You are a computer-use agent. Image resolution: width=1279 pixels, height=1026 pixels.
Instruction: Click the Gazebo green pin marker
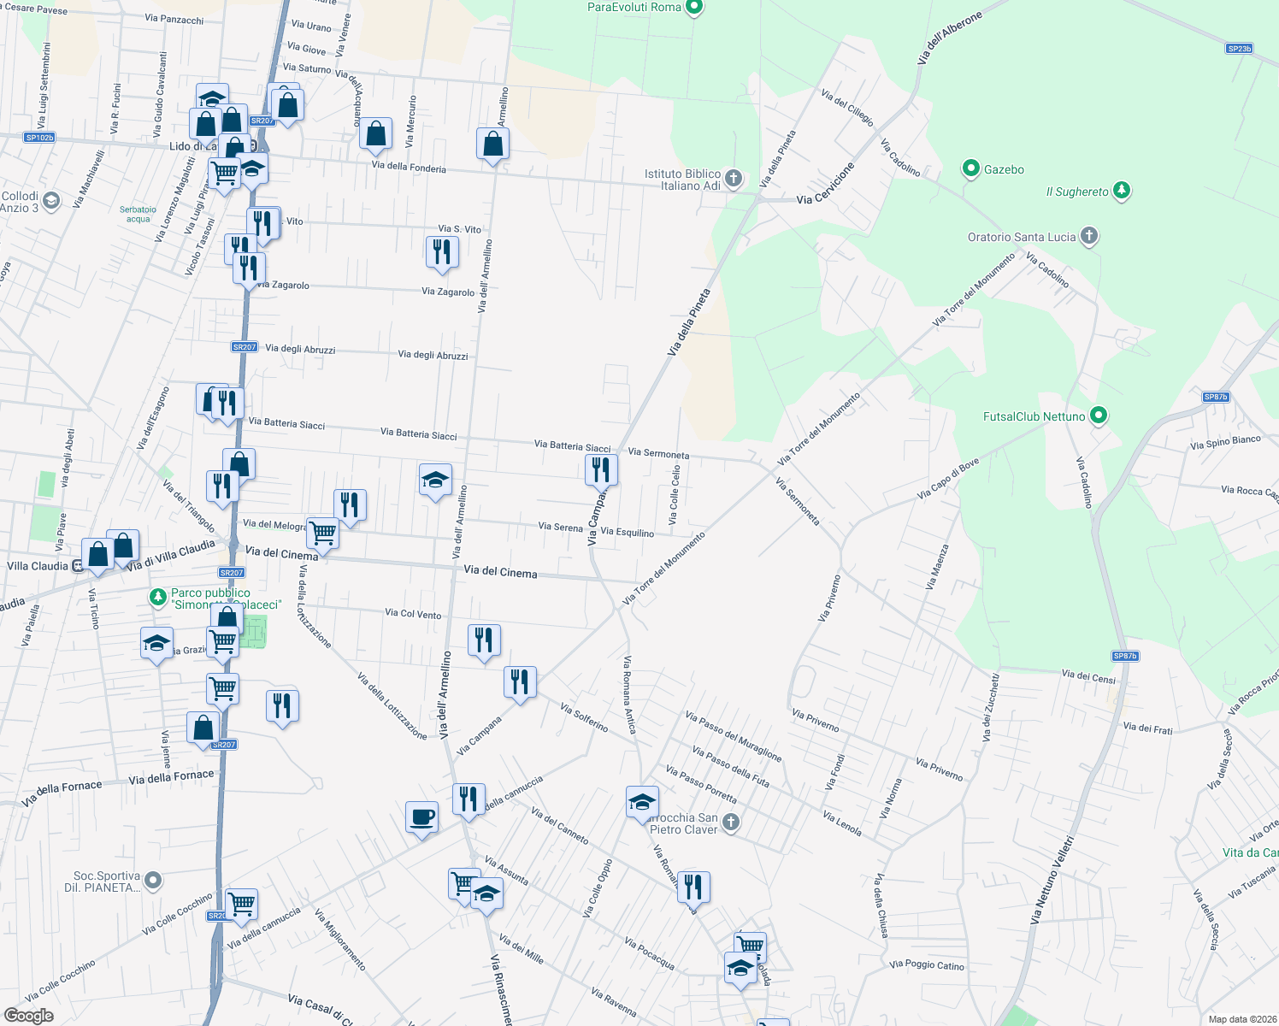[x=970, y=168]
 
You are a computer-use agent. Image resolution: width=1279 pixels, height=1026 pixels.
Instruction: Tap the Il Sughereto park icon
[x=1122, y=191]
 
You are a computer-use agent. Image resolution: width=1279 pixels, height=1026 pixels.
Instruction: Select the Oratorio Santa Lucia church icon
[x=1088, y=236]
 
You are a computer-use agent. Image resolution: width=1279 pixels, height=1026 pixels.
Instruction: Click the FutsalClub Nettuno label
[x=1034, y=416]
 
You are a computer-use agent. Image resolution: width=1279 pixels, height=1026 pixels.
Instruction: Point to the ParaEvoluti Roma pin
[x=694, y=8]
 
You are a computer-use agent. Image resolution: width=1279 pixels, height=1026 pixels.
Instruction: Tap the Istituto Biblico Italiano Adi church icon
[x=733, y=179]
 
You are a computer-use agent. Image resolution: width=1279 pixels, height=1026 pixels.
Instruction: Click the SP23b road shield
[x=1239, y=49]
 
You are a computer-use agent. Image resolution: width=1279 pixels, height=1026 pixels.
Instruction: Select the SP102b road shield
[x=39, y=138]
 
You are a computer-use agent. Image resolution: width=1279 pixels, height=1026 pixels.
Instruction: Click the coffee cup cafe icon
[x=421, y=817]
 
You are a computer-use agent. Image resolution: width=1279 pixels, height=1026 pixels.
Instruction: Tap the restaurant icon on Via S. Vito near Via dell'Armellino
[x=442, y=251]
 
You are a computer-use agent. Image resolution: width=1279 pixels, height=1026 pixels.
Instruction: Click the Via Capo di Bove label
[x=947, y=479]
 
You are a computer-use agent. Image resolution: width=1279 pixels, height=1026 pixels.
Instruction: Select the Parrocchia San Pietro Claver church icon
[x=730, y=823]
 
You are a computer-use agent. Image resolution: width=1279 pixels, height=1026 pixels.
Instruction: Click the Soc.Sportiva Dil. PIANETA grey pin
[x=153, y=879]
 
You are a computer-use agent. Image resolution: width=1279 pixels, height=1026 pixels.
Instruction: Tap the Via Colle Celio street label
[x=675, y=495]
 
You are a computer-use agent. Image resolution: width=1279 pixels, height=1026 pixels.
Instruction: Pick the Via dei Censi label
[x=1088, y=676]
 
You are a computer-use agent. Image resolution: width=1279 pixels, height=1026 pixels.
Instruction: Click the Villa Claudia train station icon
[x=78, y=565]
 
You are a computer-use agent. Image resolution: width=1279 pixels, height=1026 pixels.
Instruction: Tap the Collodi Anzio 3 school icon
[x=51, y=201]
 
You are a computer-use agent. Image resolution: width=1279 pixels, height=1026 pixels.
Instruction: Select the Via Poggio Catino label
[x=926, y=965]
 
